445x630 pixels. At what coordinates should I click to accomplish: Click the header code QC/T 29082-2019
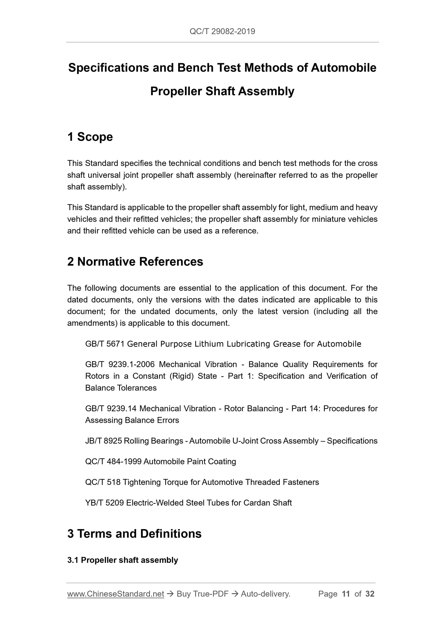222,32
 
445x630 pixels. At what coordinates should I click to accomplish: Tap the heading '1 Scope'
90,137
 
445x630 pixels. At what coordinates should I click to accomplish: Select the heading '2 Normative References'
135,262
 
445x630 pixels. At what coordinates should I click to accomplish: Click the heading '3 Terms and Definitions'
134,534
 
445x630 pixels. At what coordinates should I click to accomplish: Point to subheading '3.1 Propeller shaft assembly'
123,560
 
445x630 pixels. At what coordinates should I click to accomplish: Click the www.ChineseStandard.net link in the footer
115,594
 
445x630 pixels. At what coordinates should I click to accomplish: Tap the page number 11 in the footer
346,594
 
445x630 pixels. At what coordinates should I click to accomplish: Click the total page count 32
370,594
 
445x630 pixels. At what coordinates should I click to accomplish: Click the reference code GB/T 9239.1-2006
120,364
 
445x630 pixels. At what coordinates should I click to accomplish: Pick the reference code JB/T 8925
103,441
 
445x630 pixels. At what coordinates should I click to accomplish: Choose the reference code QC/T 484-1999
113,461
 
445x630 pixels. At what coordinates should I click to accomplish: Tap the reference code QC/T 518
103,482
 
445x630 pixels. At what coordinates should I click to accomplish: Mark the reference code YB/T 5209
105,503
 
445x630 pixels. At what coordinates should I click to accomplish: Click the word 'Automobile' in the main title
343,68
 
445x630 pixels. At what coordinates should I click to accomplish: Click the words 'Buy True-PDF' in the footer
203,594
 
